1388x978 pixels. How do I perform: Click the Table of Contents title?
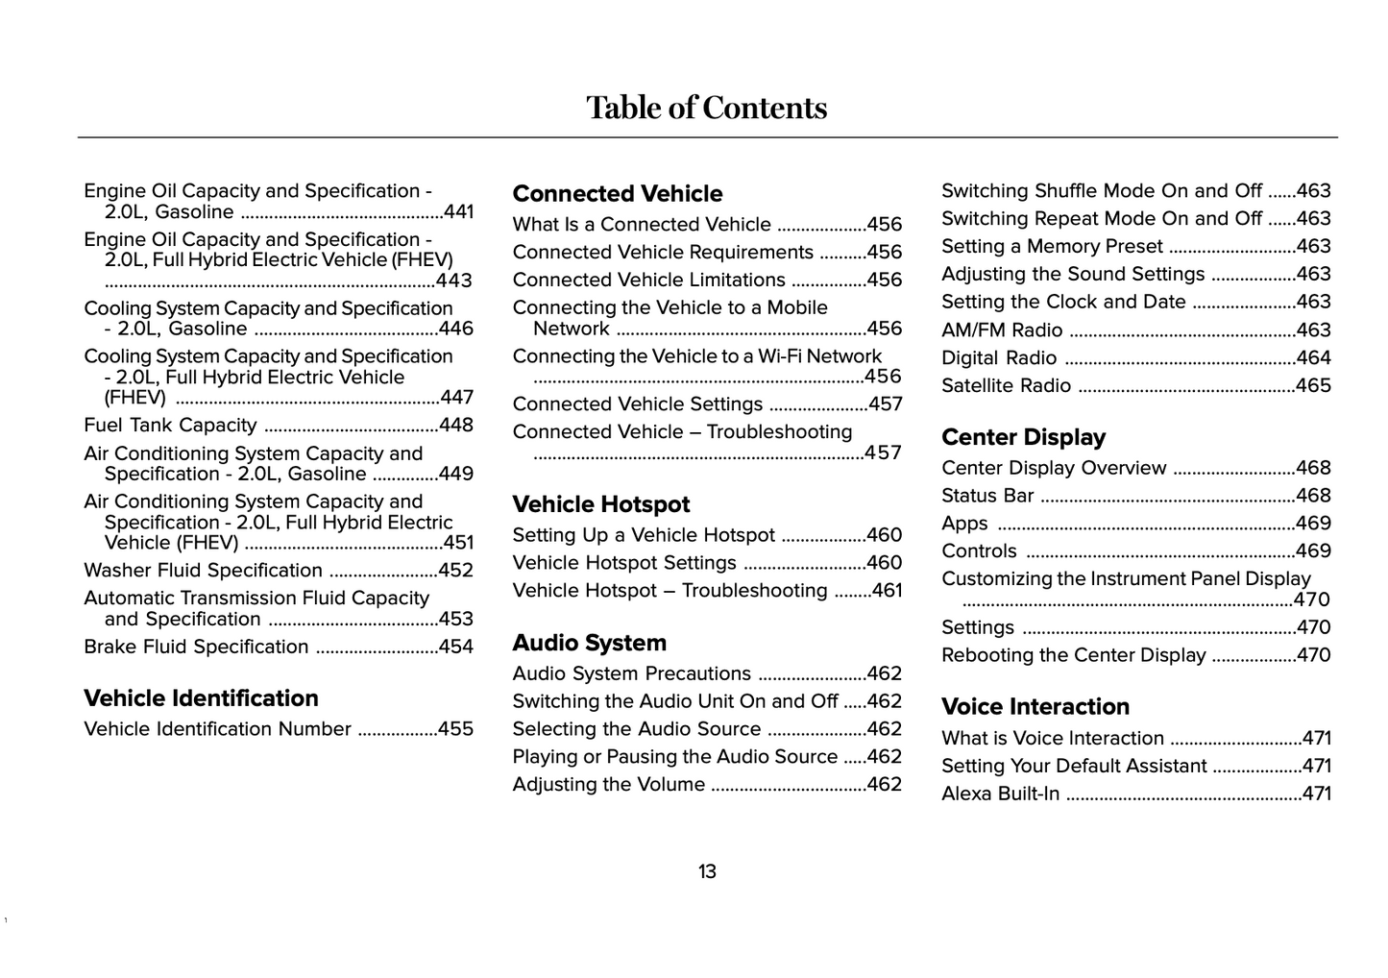(x=706, y=108)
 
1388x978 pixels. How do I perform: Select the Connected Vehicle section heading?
(x=618, y=194)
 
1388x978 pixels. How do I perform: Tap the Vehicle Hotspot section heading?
(x=601, y=504)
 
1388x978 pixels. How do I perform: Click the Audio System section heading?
(x=589, y=643)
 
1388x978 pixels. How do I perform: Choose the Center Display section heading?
(x=1023, y=437)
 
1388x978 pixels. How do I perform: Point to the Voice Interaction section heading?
(x=1035, y=707)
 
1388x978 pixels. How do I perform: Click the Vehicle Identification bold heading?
(x=201, y=698)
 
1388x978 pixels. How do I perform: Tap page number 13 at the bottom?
(x=707, y=872)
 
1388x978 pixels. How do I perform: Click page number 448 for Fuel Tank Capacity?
(x=456, y=426)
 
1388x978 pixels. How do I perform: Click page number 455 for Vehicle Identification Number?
(x=455, y=729)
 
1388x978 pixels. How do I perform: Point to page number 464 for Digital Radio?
(x=1313, y=358)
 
